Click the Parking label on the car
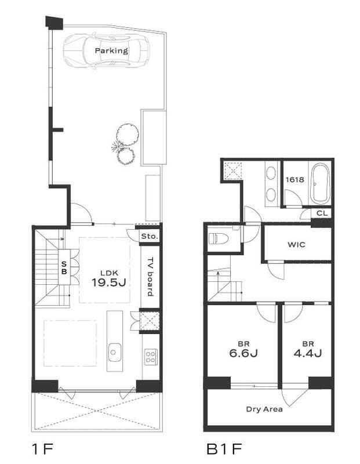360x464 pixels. (111, 50)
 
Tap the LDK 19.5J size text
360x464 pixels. (109, 282)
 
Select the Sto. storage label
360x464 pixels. (150, 237)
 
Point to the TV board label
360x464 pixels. (151, 277)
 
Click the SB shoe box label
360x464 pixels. (64, 267)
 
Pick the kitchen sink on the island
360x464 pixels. (114, 352)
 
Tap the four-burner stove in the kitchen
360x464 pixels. (151, 357)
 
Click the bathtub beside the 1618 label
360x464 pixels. (319, 183)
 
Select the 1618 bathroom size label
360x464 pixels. (294, 180)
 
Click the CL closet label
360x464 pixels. (322, 213)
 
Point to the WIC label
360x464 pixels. (296, 245)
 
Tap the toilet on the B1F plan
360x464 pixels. (219, 238)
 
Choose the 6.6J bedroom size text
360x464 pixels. (243, 353)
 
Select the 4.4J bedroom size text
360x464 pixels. (308, 353)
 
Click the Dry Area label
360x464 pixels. (264, 409)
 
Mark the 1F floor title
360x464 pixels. (42, 449)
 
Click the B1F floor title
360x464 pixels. (224, 449)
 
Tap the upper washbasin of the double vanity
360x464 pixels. (271, 173)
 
